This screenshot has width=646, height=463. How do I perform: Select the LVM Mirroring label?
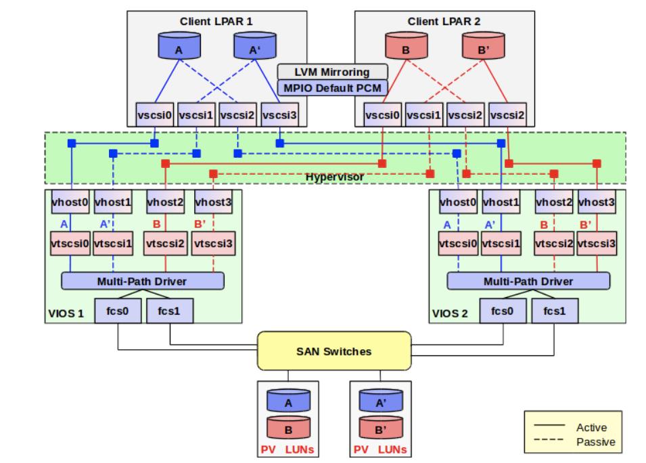click(x=332, y=72)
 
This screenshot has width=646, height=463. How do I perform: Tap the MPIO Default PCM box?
click(x=332, y=87)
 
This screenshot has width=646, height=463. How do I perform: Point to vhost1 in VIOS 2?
click(x=501, y=202)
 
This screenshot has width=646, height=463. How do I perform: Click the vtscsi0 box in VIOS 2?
click(x=458, y=242)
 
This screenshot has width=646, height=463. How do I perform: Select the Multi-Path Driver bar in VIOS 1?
click(x=143, y=281)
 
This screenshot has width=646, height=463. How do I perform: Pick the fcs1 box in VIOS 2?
click(x=554, y=311)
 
